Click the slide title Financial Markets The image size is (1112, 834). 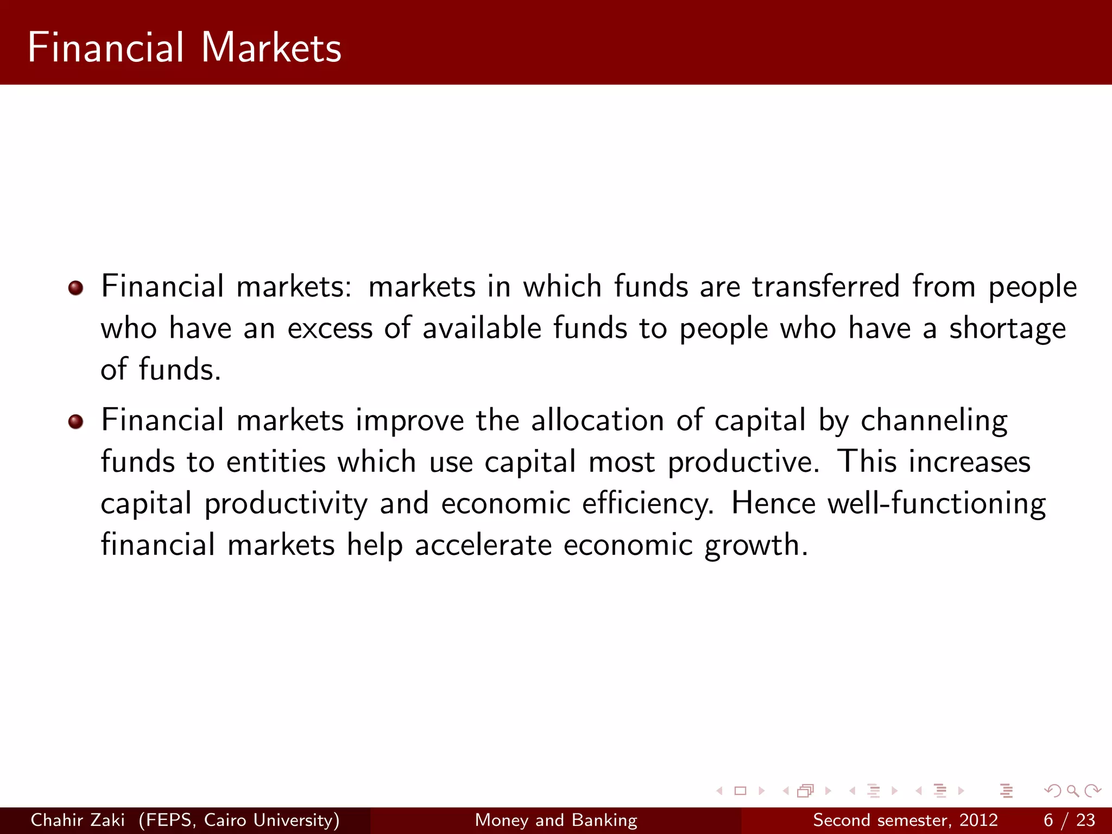coord(184,48)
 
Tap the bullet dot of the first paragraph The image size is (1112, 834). coord(76,288)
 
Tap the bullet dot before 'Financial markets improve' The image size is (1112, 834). coord(76,421)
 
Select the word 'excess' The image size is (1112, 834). coord(330,329)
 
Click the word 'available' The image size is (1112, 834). coord(482,328)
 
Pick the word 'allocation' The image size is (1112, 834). coord(597,421)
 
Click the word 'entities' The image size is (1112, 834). coord(276,462)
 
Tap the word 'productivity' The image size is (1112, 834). coord(286,504)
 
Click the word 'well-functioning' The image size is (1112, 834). coord(888,504)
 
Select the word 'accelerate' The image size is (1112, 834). coord(483,545)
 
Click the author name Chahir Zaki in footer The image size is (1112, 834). coord(78,820)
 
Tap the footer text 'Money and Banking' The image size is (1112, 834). coord(556,820)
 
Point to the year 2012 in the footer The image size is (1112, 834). coord(978,820)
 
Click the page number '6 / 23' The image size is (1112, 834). coord(1069,820)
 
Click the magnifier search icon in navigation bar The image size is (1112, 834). coord(1072,791)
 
